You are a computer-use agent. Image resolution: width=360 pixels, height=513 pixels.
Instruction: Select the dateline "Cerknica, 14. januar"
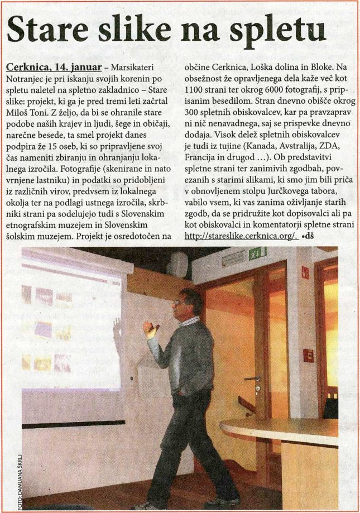tap(54, 68)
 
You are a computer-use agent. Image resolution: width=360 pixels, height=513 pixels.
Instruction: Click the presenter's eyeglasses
tap(178, 303)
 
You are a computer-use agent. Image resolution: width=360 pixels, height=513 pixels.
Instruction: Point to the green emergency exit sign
tap(257, 252)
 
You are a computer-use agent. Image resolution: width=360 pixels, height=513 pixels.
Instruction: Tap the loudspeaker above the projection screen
tap(178, 263)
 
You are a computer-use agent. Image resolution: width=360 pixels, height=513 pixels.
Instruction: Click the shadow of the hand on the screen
tap(118, 329)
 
